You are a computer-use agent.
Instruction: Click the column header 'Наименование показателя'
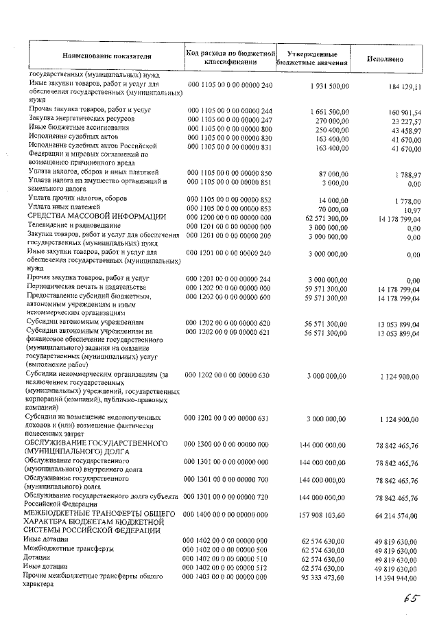click(106, 56)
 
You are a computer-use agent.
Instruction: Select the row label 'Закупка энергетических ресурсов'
click(71, 119)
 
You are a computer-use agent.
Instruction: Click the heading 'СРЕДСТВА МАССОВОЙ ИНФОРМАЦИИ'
click(96, 216)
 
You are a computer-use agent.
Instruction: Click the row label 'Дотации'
click(37, 559)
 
